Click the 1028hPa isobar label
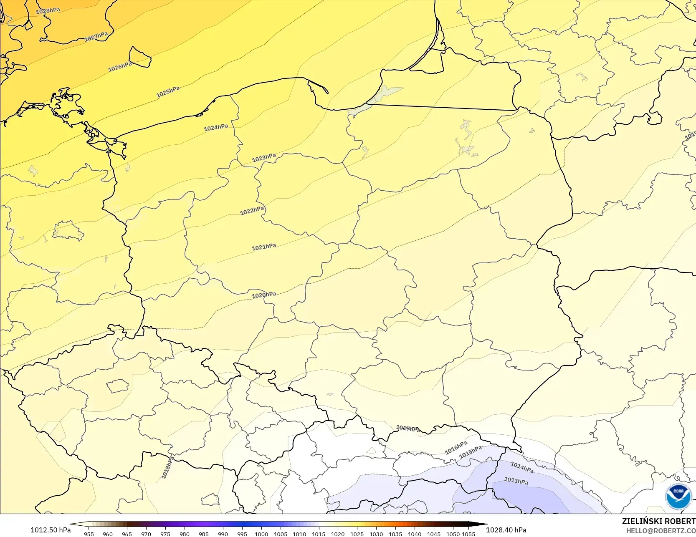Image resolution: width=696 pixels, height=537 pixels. point(48,11)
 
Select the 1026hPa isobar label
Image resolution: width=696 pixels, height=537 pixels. point(120,66)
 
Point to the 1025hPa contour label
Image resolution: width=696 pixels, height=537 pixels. point(168,92)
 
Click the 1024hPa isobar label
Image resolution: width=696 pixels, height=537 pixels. point(216,127)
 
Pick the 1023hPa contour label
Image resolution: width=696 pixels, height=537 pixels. point(264,158)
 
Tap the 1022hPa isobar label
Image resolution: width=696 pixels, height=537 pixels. point(252,211)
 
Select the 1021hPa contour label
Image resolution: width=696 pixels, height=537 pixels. point(264,247)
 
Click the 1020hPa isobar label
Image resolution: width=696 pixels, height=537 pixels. point(264,295)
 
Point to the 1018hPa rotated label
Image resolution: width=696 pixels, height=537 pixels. point(168,467)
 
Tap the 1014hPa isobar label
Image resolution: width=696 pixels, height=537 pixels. point(522,467)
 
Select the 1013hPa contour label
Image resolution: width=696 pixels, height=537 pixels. point(516,481)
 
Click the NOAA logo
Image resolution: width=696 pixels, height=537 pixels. point(678,497)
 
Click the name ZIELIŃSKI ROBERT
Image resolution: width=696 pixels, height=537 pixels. point(658,521)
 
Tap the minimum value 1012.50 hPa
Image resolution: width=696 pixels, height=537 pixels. point(51,530)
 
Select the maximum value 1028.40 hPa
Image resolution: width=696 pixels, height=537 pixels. point(506,530)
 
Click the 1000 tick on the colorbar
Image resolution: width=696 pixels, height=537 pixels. point(261,534)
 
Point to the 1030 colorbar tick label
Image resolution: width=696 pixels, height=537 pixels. point(376,534)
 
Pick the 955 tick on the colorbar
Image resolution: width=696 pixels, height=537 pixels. point(89,534)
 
